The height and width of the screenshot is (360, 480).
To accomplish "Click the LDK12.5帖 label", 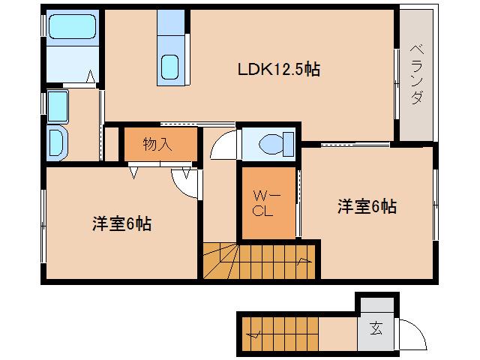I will coord(279,70).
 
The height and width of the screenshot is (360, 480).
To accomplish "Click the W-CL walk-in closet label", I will coord(268,203).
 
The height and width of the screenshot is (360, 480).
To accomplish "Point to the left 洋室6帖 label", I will coord(121,223).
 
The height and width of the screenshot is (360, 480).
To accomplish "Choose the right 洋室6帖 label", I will coord(367,207).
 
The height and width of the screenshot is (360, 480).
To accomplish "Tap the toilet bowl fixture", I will coord(270,142).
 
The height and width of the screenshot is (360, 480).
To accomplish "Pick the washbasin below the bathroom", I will coord(57,140).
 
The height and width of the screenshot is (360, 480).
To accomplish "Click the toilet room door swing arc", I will coord(225,145).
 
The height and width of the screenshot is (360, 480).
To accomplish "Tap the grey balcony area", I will coord(416,75).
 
